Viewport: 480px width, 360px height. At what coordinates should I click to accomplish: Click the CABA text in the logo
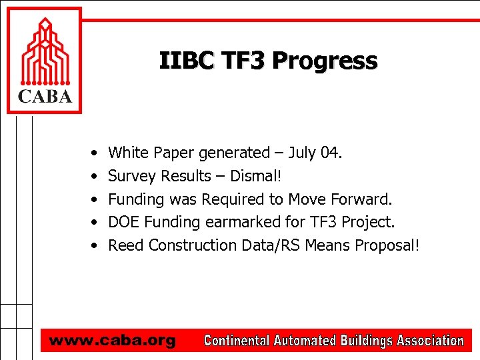pos(44,97)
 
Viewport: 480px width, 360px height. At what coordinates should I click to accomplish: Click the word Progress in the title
pos(325,61)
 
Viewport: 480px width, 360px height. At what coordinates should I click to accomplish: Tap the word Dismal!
pos(257,176)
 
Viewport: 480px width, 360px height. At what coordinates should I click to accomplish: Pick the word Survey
pos(132,176)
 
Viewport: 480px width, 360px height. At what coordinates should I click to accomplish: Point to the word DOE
pos(124,221)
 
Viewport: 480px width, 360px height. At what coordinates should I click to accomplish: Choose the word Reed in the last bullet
pos(126,245)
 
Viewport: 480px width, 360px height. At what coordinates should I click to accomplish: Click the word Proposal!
pos(387,245)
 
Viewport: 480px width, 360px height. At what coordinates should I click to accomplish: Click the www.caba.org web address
pos(112,341)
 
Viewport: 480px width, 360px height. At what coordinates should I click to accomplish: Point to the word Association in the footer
pos(430,341)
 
